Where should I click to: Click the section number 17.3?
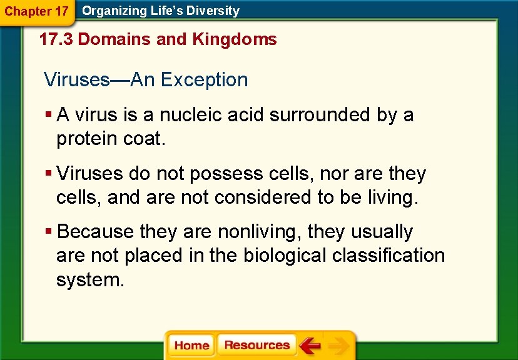56,39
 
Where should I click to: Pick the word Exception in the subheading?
204,80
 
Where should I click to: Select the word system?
90,279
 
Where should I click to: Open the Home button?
191,346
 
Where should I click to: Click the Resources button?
256,345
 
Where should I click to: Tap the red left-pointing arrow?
309,346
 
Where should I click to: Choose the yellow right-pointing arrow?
338,346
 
